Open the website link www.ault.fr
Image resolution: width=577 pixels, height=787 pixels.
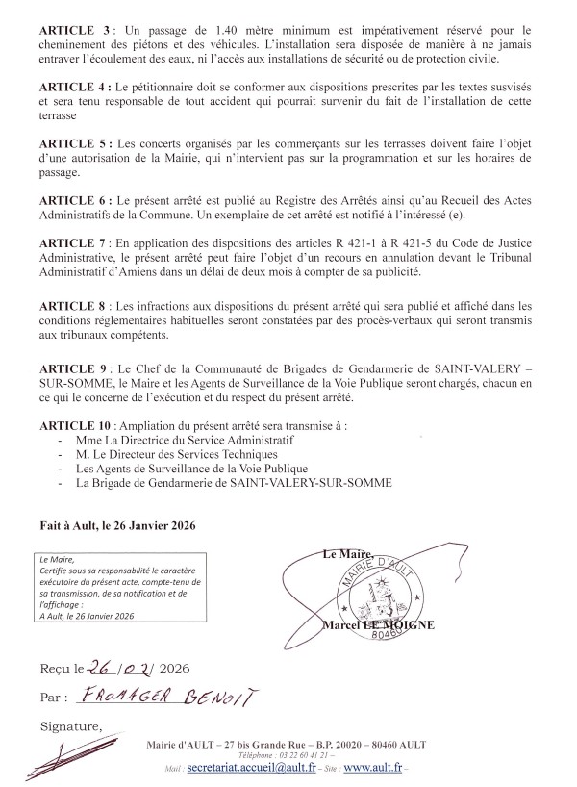pyautogui.click(x=373, y=771)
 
